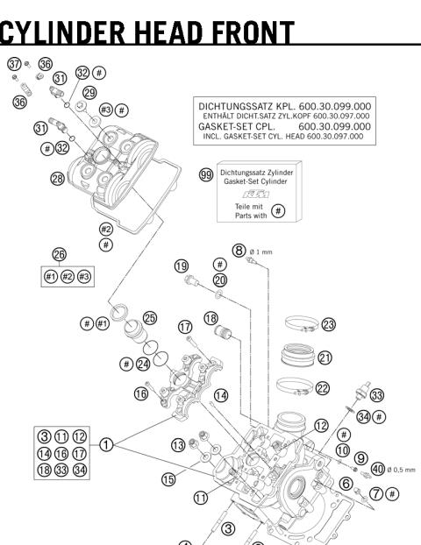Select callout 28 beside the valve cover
click(33, 179)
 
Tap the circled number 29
click(89, 92)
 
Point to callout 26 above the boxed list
click(60, 254)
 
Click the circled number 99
click(206, 175)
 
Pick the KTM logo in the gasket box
click(255, 193)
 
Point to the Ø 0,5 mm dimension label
click(397, 469)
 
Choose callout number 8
click(238, 250)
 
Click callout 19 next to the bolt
click(182, 266)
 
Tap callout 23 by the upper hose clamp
click(329, 324)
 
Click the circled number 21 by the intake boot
click(325, 357)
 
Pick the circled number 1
click(106, 444)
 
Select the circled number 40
click(378, 469)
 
